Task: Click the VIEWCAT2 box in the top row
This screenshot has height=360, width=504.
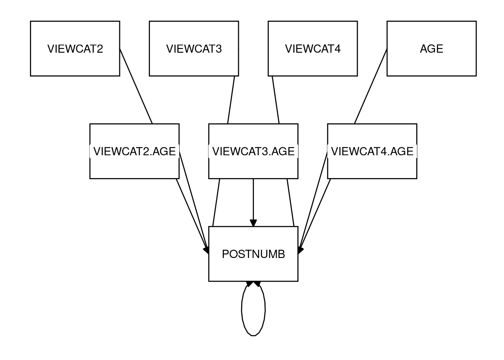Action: point(75,48)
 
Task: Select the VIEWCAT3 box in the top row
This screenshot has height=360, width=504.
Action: point(194,48)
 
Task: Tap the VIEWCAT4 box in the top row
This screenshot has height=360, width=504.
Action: point(313,48)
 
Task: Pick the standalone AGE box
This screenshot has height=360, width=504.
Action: point(431,48)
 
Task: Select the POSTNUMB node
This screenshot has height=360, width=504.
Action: point(253,254)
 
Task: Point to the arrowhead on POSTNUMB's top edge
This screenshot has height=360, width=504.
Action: point(253,223)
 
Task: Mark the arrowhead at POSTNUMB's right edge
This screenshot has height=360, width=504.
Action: point(300,250)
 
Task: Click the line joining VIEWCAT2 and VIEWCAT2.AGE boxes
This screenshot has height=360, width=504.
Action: point(136,86)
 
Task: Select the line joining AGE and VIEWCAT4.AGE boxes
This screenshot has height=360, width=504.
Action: point(370,86)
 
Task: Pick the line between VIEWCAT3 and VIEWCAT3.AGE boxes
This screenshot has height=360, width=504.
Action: point(231,99)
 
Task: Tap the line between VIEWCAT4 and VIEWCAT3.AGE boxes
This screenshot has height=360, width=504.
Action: point(276,99)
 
